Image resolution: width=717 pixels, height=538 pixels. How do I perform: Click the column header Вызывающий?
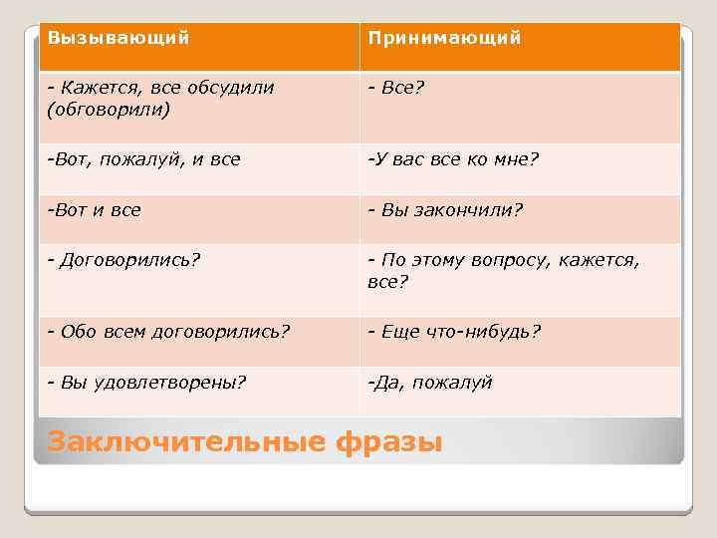pos(119,38)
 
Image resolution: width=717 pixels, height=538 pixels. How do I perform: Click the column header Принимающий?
pos(444,38)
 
